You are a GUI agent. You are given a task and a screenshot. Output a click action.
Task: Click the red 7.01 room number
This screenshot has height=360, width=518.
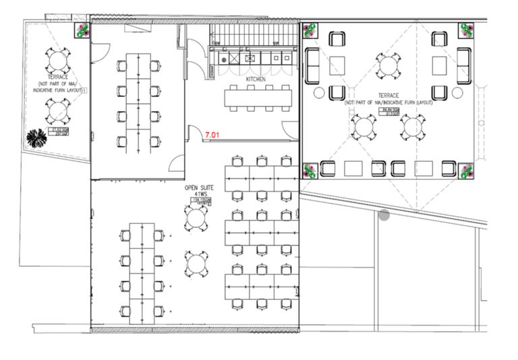(x=212, y=136)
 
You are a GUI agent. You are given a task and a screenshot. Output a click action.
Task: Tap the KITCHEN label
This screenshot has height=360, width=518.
(x=256, y=80)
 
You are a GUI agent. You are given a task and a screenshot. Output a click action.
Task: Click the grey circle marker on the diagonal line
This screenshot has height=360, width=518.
(x=384, y=215)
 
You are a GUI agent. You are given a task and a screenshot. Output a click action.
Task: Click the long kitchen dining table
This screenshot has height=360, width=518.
(x=258, y=98)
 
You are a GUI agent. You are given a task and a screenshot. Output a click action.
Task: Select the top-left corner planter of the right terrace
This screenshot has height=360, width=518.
(x=311, y=31)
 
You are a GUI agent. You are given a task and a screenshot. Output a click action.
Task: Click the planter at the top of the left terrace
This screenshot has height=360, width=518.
(x=82, y=30)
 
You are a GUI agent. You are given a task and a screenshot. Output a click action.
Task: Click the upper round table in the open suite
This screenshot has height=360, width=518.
(x=196, y=217)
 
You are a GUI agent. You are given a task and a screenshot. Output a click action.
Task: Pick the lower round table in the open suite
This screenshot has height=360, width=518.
(x=196, y=262)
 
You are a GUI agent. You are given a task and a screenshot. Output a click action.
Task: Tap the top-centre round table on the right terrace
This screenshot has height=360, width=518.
(x=388, y=65)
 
